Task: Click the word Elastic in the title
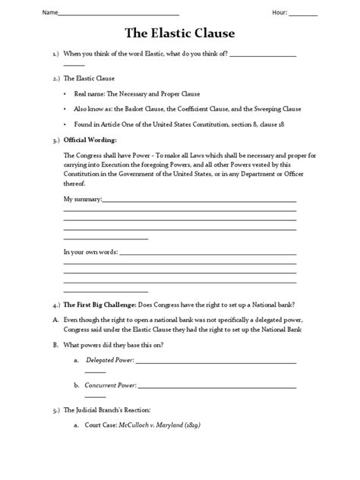(179, 33)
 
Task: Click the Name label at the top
(27, 13)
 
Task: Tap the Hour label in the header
(279, 13)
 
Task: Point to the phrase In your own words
(90, 251)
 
